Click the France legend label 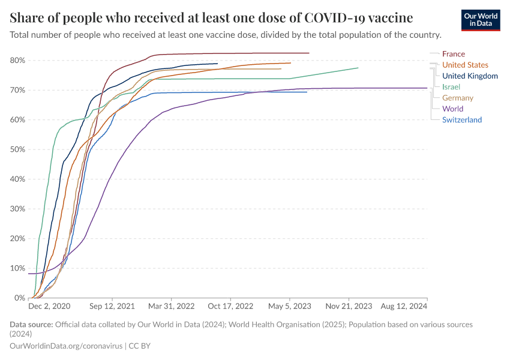coord(453,54)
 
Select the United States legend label coord(465,65)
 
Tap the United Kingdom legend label coord(470,76)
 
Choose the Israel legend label coord(451,87)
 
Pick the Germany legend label coord(457,98)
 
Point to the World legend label coord(452,109)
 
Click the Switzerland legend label coord(462,120)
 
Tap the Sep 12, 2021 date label coord(113,306)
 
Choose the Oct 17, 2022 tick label coord(231,306)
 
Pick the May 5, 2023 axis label coord(290,306)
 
